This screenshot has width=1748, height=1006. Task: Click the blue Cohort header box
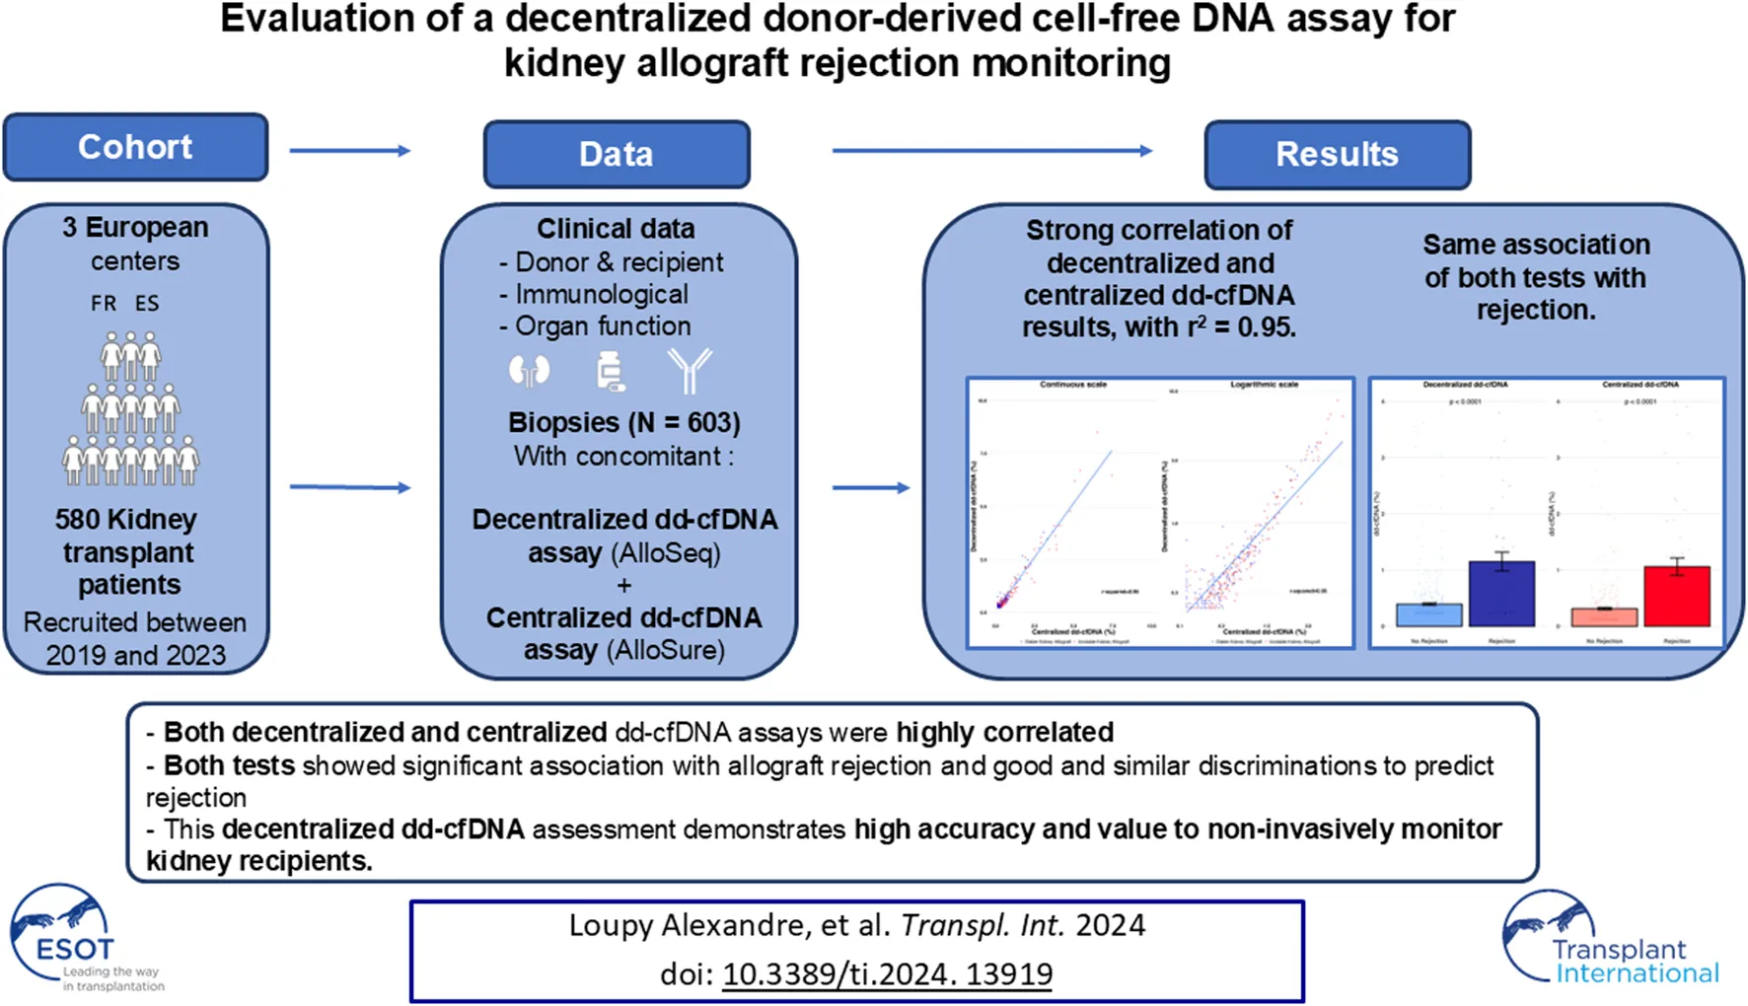135,147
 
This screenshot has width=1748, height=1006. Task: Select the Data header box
616,154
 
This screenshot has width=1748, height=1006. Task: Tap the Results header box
1337,154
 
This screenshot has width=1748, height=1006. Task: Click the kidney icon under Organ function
529,371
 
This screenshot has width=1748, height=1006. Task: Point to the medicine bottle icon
611,372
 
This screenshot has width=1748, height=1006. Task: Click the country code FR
104,304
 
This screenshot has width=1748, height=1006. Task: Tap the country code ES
147,304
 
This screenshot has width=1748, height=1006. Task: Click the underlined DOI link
887,974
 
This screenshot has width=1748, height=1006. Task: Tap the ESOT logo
74,937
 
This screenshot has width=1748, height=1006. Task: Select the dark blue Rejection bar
1501,594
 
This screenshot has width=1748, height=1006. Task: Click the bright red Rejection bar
1676,596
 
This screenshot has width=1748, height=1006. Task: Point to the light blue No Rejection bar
1428,614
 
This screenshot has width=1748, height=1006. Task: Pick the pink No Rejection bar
1604,617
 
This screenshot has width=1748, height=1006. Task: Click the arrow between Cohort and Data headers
350,151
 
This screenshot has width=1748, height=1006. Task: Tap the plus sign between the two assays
623,585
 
